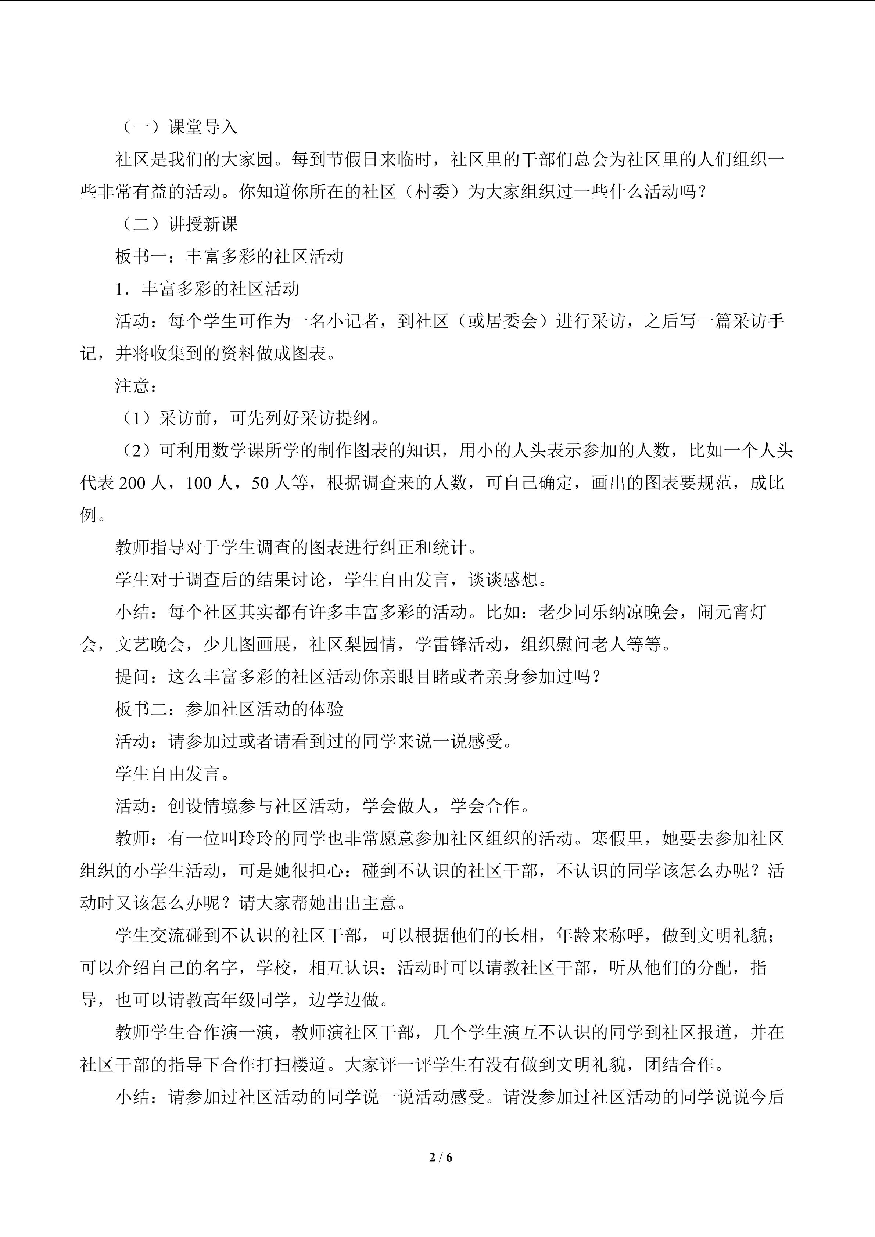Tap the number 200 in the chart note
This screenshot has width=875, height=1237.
[x=132, y=483]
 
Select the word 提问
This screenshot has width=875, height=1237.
[x=133, y=677]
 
